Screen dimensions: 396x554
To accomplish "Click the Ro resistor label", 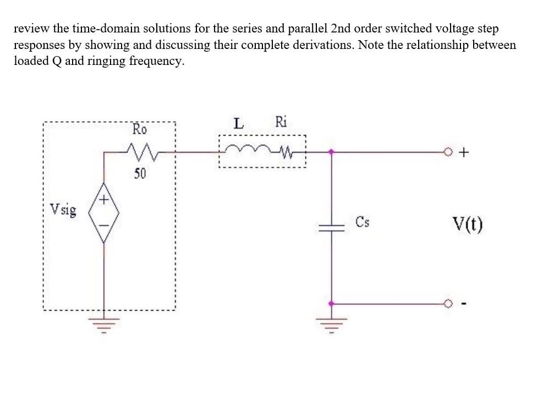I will [x=140, y=130].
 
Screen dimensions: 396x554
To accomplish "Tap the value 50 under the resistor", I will [x=139, y=174].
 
